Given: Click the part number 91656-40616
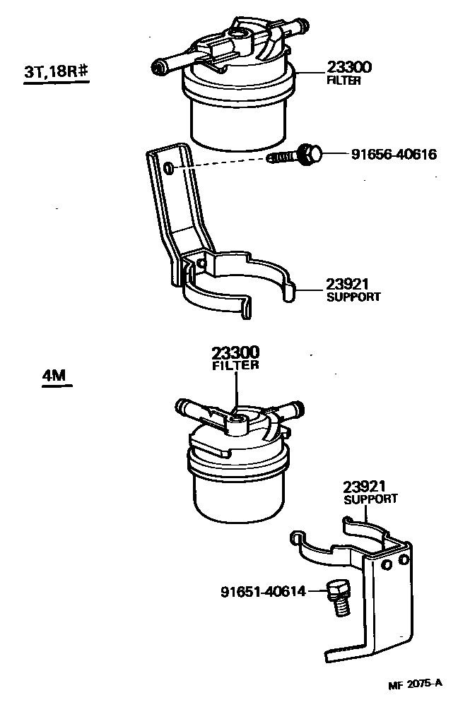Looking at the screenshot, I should click(x=394, y=154).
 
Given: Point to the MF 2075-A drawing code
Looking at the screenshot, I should click(x=415, y=684).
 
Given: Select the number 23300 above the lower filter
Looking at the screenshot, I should click(x=235, y=352).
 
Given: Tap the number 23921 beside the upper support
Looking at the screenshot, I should click(x=348, y=284).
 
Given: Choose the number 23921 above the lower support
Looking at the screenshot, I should click(x=366, y=487).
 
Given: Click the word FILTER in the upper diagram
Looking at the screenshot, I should click(x=344, y=81).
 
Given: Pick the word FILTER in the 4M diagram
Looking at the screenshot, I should click(x=236, y=365).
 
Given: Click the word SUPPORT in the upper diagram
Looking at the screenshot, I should click(x=353, y=297).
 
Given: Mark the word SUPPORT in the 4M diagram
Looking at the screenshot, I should click(x=370, y=499).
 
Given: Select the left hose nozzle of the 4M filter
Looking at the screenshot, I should click(x=185, y=408).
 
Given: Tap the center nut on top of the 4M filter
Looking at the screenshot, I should click(x=236, y=421).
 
